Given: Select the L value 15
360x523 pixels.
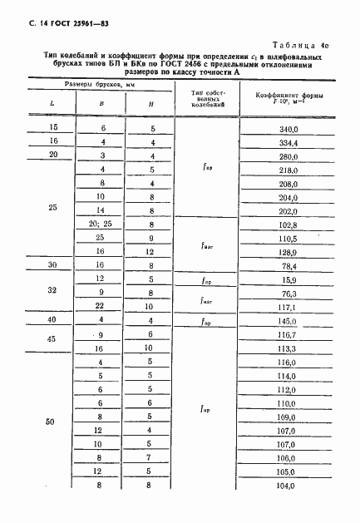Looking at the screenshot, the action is tap(55, 128).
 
